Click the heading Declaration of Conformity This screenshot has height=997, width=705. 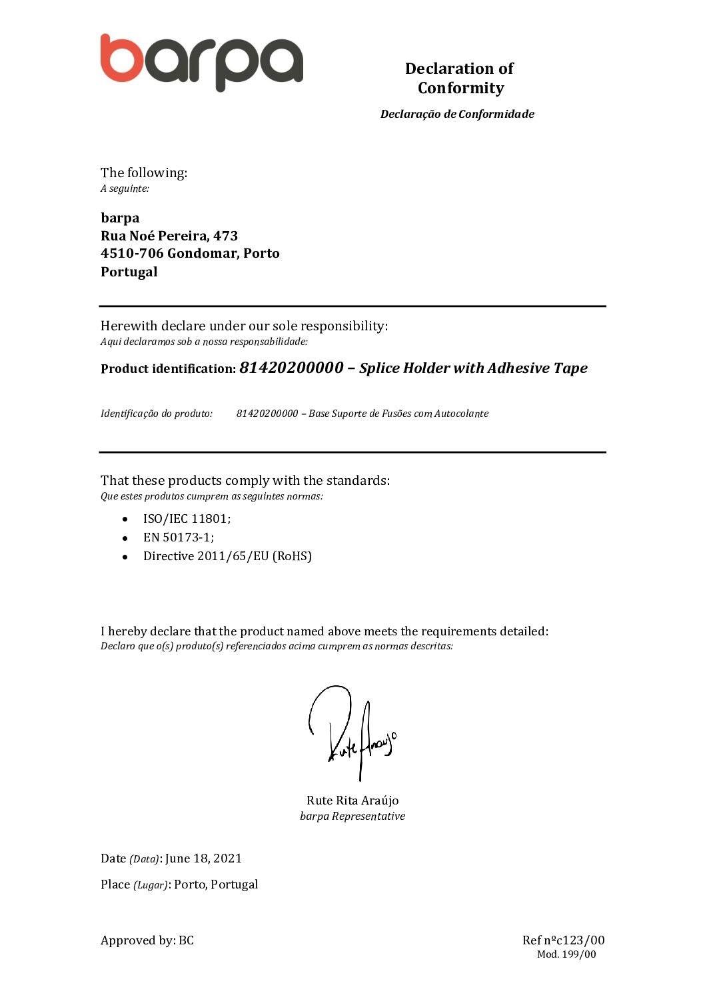460,78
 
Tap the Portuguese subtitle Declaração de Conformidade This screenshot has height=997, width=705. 457,114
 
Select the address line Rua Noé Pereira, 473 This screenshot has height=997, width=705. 169,236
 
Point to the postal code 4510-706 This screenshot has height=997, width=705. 132,253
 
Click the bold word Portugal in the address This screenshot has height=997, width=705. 129,272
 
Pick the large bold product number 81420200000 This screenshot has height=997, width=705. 291,368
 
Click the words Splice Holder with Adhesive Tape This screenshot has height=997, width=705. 473,368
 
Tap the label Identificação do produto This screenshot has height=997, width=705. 157,414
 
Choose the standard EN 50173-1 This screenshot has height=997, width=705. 179,537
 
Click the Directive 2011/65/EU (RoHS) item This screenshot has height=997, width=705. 227,556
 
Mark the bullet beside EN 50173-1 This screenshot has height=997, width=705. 125,537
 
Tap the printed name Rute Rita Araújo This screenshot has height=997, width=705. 352,801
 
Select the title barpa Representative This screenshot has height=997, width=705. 352,817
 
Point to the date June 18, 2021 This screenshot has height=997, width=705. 203,858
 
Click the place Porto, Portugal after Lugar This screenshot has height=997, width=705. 216,884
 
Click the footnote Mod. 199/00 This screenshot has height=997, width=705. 566,954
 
